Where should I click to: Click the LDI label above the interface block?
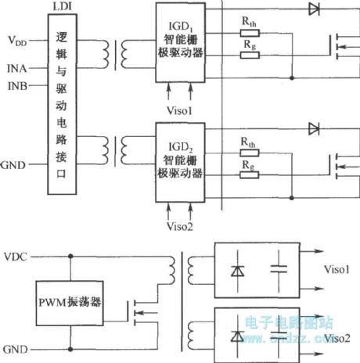(64, 6)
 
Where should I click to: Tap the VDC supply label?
(19, 256)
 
